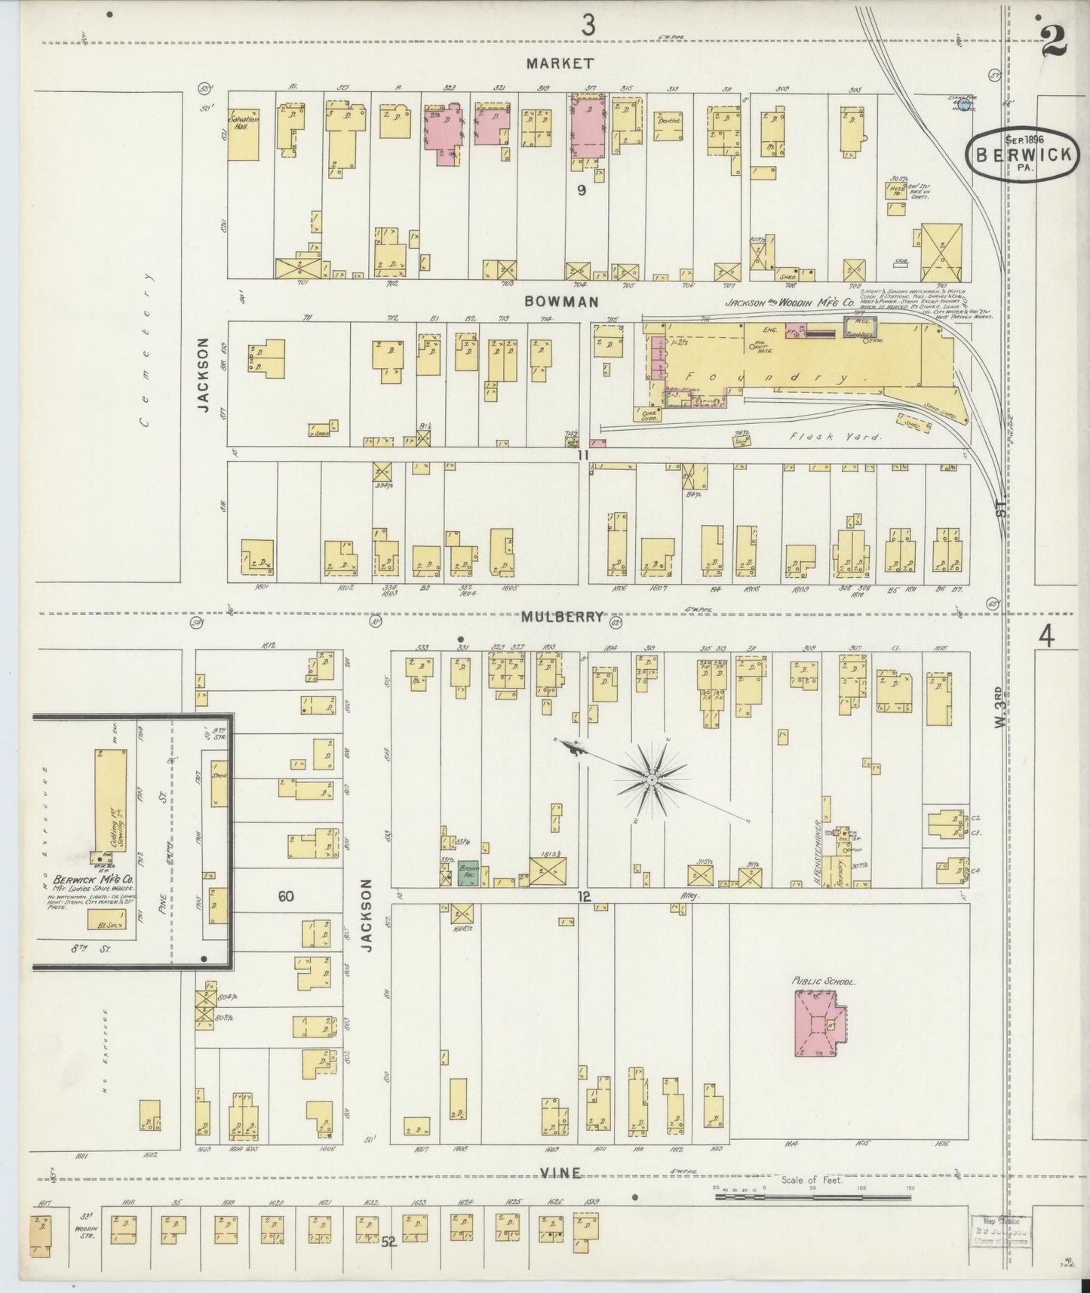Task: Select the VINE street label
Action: (x=560, y=1172)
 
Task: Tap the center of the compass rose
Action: (x=651, y=779)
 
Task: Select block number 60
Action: (x=285, y=896)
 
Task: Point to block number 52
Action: (x=388, y=1240)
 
